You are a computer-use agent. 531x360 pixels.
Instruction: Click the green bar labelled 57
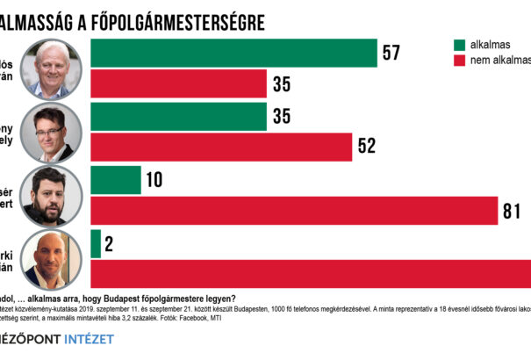tap(233, 53)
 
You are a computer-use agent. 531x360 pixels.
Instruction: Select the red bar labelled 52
tap(221, 147)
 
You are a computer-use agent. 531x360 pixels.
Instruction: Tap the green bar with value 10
tap(116, 180)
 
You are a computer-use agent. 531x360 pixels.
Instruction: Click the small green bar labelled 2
tap(96, 244)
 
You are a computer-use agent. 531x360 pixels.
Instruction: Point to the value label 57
tap(391, 53)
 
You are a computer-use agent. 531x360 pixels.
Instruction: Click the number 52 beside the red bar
tap(367, 147)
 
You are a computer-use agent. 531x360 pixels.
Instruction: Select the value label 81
tap(513, 211)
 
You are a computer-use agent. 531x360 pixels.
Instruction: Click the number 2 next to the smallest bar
tap(111, 244)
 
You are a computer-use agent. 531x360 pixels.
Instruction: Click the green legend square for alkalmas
tap(459, 45)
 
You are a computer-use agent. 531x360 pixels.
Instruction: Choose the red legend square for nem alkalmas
tap(459, 61)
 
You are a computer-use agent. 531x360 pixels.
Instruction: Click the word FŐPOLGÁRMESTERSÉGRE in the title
tap(167, 19)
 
